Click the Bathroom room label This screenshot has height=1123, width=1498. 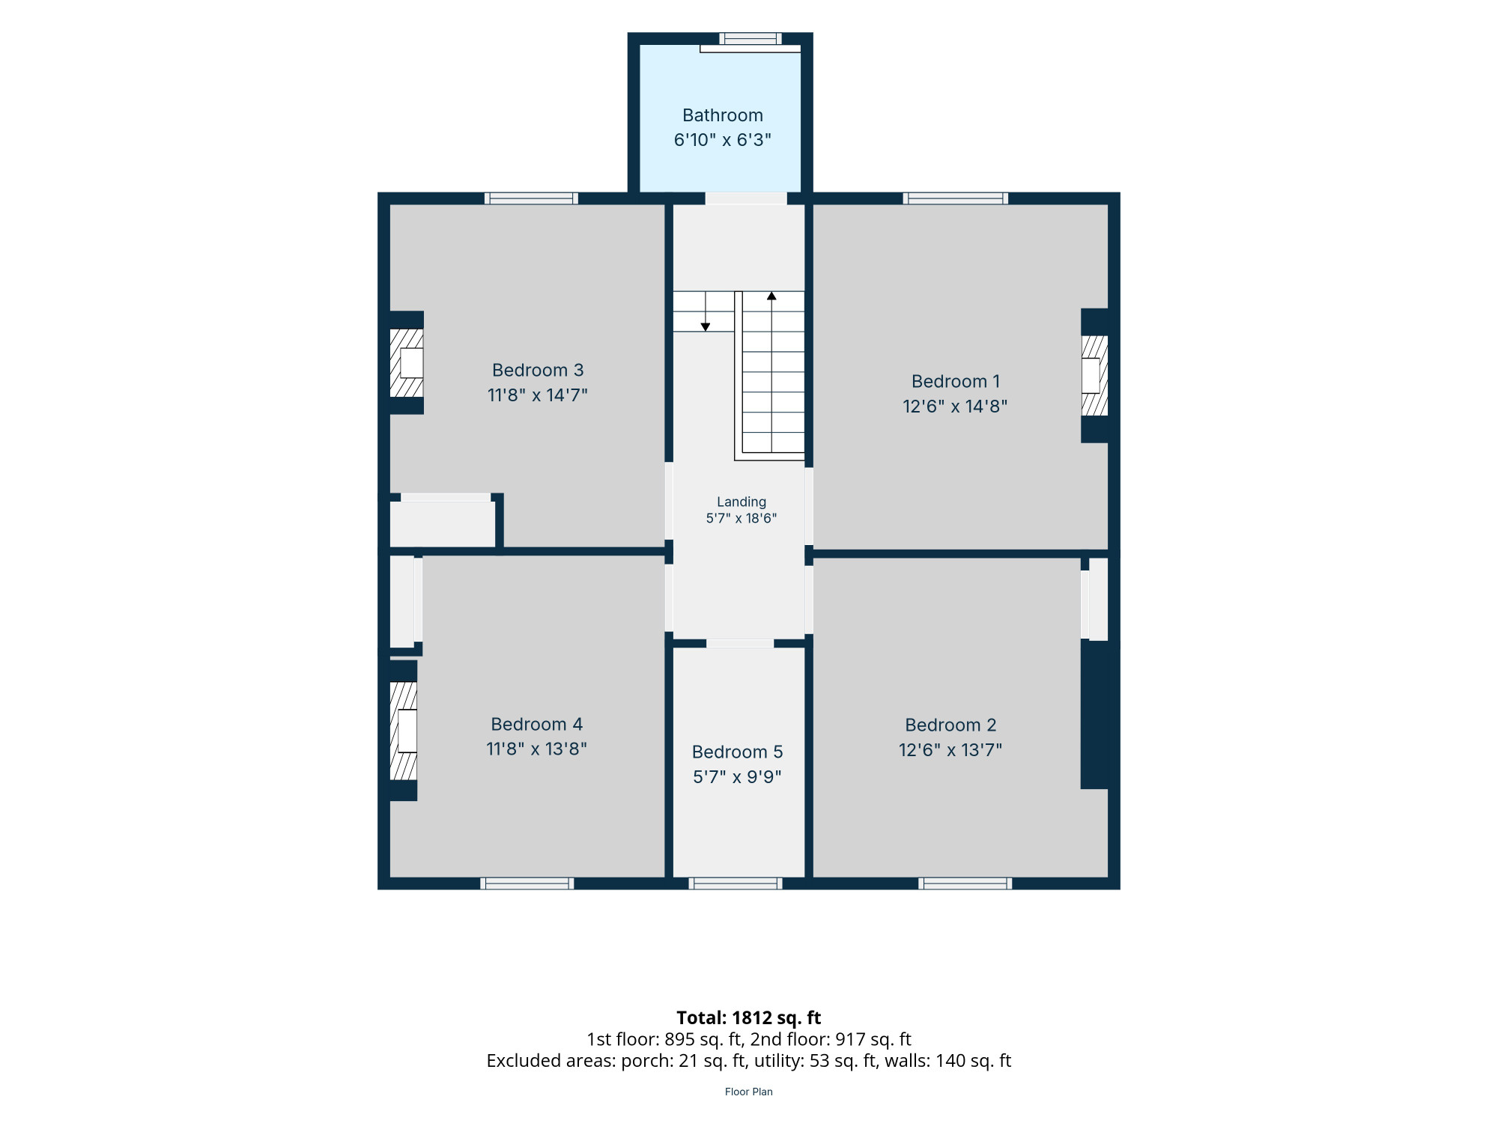click(x=723, y=115)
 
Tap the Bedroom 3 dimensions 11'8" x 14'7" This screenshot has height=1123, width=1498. click(x=538, y=395)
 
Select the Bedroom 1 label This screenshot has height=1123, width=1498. click(x=956, y=381)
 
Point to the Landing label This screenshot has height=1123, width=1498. click(x=742, y=502)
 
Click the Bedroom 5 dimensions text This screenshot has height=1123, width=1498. click(x=738, y=776)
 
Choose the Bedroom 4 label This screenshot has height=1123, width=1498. click(x=536, y=724)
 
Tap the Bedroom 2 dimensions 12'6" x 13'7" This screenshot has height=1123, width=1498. click(x=950, y=749)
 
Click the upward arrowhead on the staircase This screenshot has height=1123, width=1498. click(x=771, y=296)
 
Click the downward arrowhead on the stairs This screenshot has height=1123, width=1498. click(x=706, y=327)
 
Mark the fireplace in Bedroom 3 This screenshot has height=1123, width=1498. click(x=407, y=363)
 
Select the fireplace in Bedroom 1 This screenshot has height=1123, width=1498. click(x=1094, y=376)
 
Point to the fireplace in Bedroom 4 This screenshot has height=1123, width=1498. click(x=404, y=731)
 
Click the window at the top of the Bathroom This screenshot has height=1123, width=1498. click(x=750, y=39)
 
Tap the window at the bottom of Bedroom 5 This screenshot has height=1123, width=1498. click(x=736, y=883)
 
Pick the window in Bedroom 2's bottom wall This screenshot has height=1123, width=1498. click(x=965, y=883)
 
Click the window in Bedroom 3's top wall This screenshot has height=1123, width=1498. click(x=531, y=198)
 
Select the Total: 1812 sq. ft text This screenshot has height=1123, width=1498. click(x=749, y=1018)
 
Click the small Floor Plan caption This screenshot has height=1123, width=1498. click(x=749, y=1092)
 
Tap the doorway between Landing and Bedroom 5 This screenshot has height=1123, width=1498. click(x=740, y=644)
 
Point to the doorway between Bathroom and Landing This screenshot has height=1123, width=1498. click(x=746, y=198)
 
